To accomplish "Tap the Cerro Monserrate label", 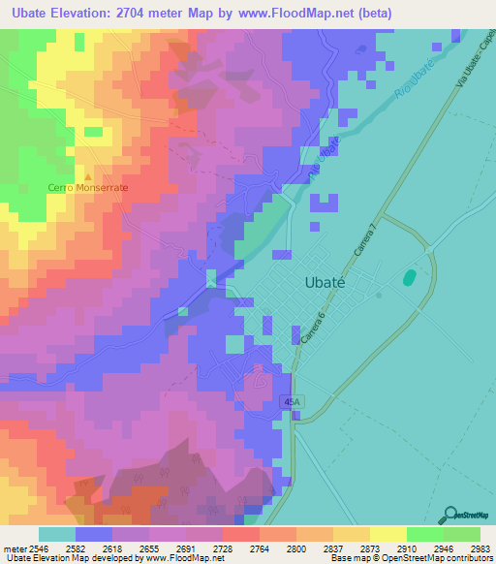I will (x=88, y=188).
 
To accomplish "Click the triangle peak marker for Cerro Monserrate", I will (x=88, y=177).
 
